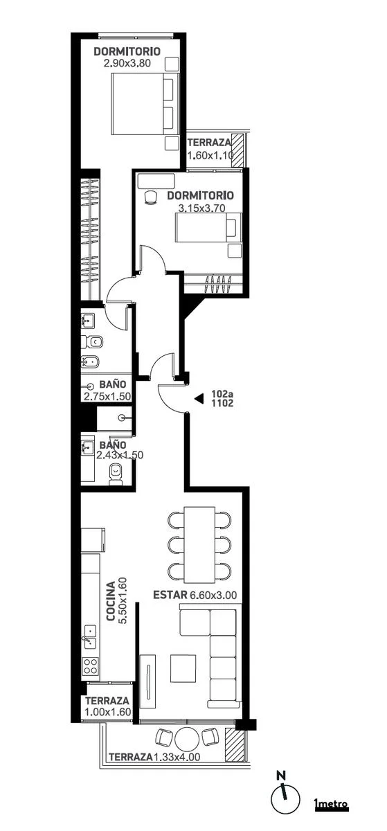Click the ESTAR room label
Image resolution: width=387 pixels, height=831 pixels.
[x=170, y=595]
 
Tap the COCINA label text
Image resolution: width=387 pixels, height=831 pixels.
[x=111, y=601]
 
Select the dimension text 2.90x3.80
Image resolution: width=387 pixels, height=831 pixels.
[x=127, y=63]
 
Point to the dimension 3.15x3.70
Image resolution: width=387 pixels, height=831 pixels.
[x=201, y=208]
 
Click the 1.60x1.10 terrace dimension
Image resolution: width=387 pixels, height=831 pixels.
[x=210, y=155]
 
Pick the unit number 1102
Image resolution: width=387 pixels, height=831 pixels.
[x=222, y=403]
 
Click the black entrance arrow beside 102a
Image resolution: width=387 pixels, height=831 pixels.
[x=199, y=398]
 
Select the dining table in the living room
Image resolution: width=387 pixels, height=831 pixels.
[x=199, y=544]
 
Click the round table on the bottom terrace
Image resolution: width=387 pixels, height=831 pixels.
[x=188, y=749]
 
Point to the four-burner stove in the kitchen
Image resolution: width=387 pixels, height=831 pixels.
[x=91, y=666]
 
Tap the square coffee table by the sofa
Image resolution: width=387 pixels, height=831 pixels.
[x=183, y=668]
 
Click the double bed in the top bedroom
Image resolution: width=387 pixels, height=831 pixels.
[x=145, y=104]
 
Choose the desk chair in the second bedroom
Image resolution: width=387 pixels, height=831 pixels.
[x=150, y=197]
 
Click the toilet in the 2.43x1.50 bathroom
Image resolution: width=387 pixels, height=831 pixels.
[x=116, y=474]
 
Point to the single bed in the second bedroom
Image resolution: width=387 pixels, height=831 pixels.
[x=208, y=227]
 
